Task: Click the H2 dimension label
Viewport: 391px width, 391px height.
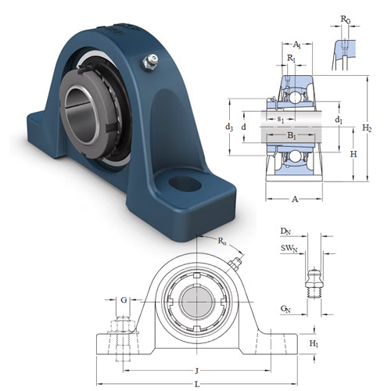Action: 368,128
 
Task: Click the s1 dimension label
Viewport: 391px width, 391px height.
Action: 281,118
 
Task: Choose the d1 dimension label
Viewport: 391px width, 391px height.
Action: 339,120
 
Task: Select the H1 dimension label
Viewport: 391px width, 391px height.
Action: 314,344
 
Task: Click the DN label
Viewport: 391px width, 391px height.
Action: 287,232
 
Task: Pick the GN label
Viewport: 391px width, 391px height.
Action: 286,309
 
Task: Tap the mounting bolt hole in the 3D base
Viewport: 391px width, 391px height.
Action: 185,184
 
